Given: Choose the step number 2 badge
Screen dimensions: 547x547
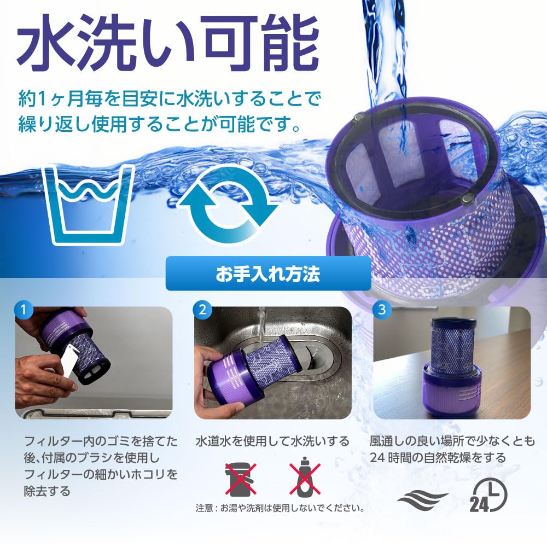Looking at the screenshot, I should point(202,310).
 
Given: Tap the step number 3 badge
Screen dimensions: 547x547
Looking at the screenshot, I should point(381,310).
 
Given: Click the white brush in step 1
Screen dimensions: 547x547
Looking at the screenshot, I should point(72,361).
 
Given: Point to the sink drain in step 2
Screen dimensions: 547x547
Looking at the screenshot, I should point(309,361).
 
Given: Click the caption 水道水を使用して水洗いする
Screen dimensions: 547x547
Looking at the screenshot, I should point(272,441).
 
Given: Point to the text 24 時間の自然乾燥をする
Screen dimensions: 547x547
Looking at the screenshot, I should point(438,457).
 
